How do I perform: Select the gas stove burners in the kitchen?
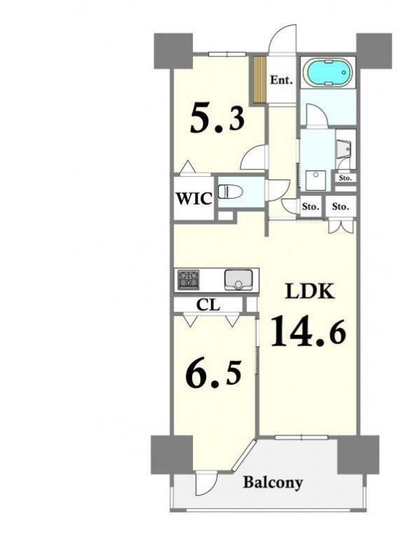(188, 278)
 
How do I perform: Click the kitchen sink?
(239, 280)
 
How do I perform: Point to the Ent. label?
(281, 80)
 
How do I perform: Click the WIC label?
(194, 198)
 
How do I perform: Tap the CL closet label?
(208, 305)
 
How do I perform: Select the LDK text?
(310, 291)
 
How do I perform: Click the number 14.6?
(308, 331)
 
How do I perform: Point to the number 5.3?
(217, 119)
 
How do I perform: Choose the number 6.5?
(213, 373)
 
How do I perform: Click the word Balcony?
(273, 482)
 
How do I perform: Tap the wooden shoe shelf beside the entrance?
(260, 79)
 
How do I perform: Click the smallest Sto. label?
(345, 178)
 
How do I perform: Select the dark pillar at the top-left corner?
(173, 51)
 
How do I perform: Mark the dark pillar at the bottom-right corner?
(359, 454)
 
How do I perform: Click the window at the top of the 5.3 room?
(227, 54)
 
